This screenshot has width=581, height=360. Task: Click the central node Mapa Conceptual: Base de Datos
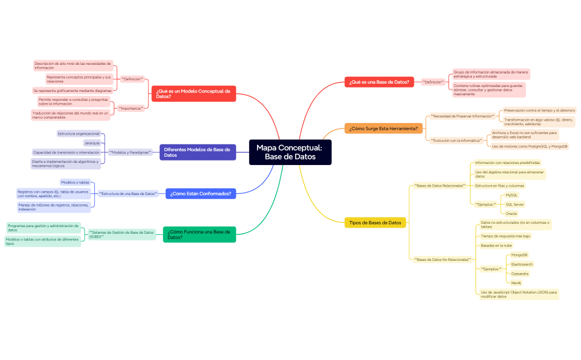[290, 152]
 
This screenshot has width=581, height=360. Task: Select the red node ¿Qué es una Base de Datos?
[379, 82]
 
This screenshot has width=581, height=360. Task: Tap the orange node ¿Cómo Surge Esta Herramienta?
[384, 128]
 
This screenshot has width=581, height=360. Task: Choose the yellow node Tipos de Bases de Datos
[375, 223]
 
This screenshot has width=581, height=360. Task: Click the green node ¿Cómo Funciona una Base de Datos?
[199, 234]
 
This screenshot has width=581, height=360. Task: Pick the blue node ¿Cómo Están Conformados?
[200, 193]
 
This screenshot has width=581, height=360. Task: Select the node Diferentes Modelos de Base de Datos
[198, 152]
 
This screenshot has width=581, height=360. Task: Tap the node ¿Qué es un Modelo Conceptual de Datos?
[194, 94]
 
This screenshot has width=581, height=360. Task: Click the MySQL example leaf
[511, 195]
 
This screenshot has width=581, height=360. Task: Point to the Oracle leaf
[511, 213]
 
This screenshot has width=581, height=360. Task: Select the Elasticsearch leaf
[521, 264]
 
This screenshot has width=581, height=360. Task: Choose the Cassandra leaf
[520, 274]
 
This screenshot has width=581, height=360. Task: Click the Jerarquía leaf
[92, 143]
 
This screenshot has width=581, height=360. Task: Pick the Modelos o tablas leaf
[75, 182]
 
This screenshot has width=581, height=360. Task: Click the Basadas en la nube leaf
[496, 245]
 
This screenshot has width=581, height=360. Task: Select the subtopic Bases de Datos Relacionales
[440, 186]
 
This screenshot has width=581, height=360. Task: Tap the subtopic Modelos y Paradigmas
[130, 152]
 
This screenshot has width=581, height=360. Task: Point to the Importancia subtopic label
[131, 108]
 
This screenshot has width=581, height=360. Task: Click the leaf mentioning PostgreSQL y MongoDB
[529, 146]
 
